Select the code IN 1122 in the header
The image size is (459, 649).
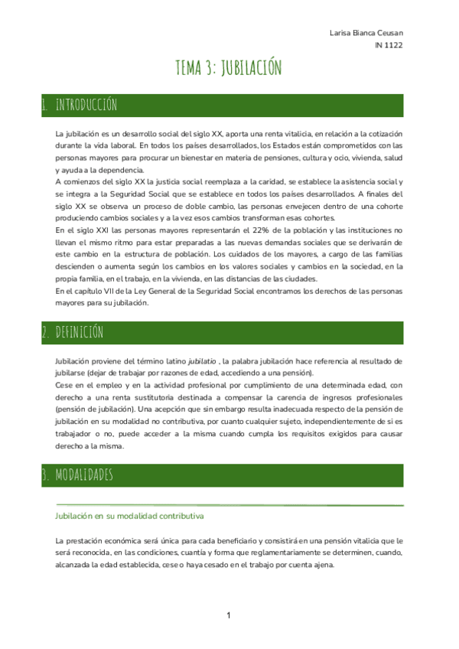coord(389,45)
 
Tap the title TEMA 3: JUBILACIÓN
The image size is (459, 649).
coord(229,68)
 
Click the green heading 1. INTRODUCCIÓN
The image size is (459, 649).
coord(80,103)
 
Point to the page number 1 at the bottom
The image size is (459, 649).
coord(229,615)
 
